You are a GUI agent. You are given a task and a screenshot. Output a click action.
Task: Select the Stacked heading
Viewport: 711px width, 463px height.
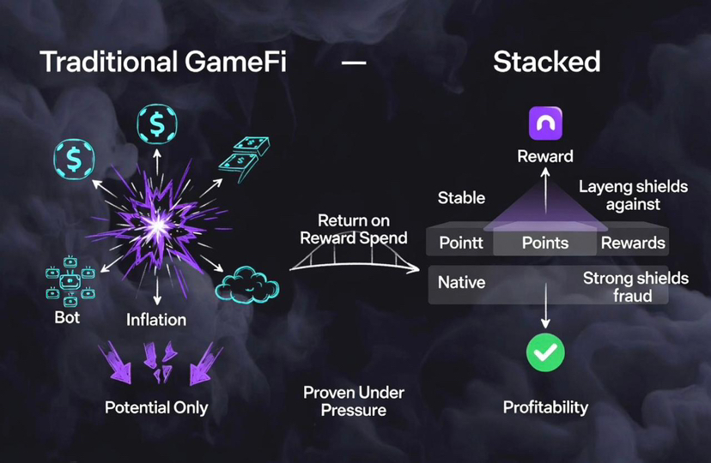[x=546, y=62]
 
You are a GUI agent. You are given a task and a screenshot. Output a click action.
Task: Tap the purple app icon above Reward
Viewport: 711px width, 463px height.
[x=545, y=124]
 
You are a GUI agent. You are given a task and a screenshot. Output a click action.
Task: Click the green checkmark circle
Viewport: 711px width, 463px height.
[x=545, y=352]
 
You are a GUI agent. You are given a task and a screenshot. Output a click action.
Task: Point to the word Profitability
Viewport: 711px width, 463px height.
[x=545, y=406]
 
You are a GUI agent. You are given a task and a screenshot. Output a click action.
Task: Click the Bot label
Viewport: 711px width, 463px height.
[x=67, y=317]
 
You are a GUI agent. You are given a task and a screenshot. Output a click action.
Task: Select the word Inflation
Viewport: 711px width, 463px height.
[x=156, y=320]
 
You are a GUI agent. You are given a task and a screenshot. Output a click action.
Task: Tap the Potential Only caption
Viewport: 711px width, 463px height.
[x=156, y=407]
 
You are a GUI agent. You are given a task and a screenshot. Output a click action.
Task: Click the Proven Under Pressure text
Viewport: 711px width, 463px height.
[x=354, y=401]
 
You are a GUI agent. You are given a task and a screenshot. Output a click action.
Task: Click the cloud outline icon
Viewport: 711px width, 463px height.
[x=247, y=282]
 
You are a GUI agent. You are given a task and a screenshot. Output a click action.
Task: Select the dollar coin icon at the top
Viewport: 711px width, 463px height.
[x=157, y=125]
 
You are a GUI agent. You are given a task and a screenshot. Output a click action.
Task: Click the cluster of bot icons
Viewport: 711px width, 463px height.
[x=70, y=284]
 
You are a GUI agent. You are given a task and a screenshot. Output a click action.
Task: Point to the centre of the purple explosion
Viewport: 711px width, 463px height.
[x=158, y=225]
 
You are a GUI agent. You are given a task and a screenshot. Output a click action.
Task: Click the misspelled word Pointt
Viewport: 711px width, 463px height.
[x=461, y=243]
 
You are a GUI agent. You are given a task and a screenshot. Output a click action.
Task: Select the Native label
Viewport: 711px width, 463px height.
[x=461, y=281]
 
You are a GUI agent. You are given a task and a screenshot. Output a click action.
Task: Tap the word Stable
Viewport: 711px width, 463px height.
[x=461, y=198]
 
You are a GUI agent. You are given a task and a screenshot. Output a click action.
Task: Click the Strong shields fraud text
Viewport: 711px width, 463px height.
[x=635, y=287]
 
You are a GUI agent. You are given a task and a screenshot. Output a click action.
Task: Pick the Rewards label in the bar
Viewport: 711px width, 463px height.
[x=633, y=243]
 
